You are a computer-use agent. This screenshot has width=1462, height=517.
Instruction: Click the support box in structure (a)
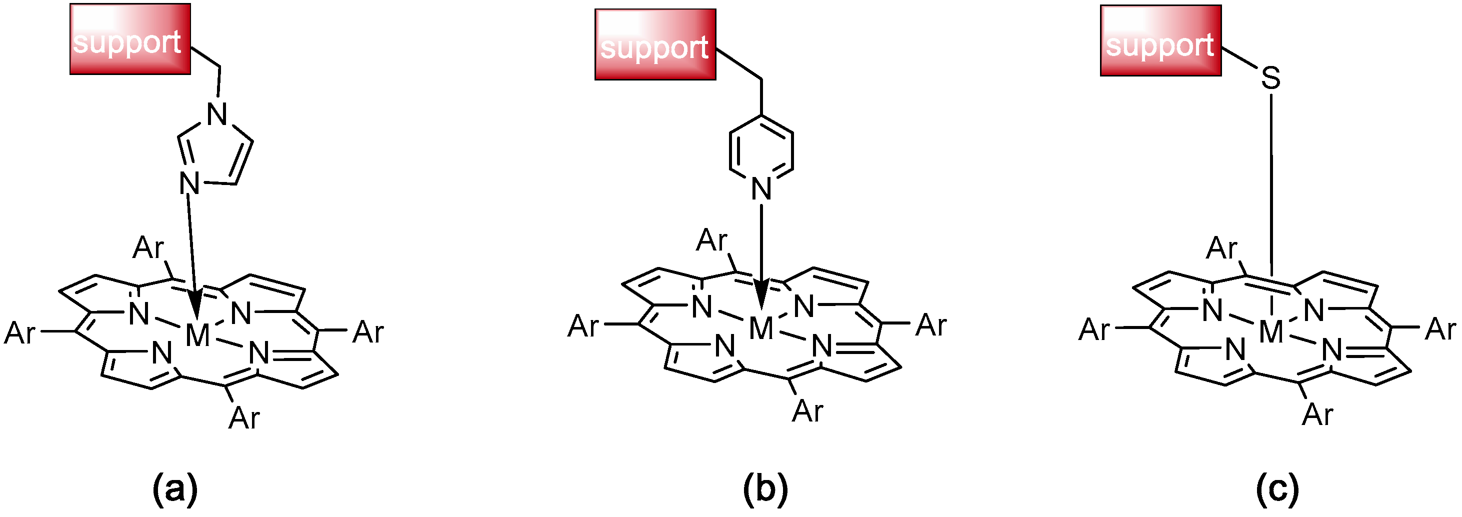tap(130, 38)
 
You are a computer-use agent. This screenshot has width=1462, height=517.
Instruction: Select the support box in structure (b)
tap(655, 44)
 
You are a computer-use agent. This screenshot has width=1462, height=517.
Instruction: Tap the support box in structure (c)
tap(1160, 40)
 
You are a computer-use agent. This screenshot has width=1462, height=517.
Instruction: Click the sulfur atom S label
tap(1270, 79)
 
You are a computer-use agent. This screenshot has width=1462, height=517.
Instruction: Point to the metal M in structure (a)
tap(197, 335)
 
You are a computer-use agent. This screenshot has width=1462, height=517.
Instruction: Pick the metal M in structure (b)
tap(761, 328)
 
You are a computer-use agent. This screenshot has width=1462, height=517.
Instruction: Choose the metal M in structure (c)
tap(1270, 331)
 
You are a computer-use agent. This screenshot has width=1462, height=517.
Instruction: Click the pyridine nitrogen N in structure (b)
tap(761, 188)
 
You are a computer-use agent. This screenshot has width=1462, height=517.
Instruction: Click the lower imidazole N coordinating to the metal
tap(189, 183)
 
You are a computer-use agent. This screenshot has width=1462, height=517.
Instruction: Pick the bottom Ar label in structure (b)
tap(807, 411)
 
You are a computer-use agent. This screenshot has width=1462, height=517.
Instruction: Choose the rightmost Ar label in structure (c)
tap(1440, 329)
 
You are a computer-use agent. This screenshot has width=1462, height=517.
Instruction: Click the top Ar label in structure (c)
tap(1221, 248)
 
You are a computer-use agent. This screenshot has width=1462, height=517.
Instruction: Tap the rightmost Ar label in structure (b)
tap(931, 325)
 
